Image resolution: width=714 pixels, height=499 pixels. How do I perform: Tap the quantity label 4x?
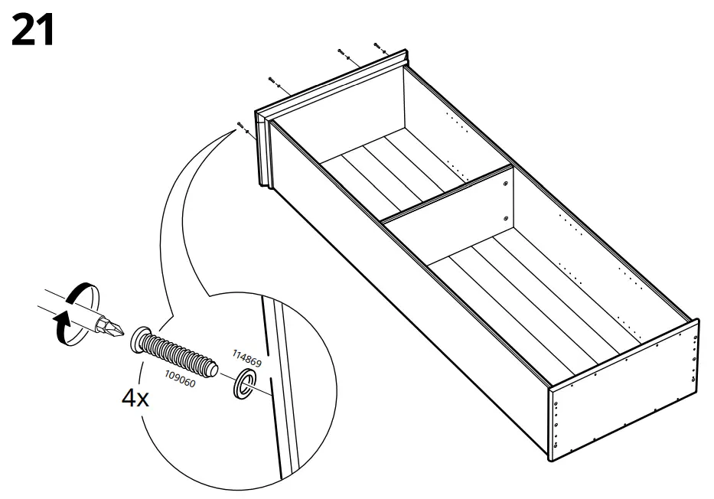click(x=135, y=398)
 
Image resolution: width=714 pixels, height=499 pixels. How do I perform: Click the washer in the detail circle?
click(x=243, y=385)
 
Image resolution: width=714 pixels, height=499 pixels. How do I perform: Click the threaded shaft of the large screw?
click(x=184, y=356)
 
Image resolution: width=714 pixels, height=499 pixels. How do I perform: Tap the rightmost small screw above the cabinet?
click(x=376, y=45)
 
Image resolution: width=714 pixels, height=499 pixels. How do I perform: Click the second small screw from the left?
click(x=271, y=80)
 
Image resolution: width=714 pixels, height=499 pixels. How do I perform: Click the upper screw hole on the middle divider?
click(x=506, y=184)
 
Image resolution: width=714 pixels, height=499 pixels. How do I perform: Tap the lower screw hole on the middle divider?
click(x=506, y=219)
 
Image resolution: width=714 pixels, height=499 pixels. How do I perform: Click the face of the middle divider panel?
click(x=452, y=222)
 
